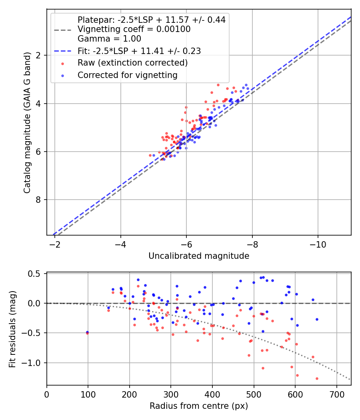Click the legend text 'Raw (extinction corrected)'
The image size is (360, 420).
coord(132,63)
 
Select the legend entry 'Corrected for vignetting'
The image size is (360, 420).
coord(127,75)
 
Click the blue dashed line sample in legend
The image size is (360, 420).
coord(62,51)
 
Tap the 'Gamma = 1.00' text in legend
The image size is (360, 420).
coord(109,39)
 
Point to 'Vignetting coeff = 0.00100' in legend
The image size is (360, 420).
coord(134,29)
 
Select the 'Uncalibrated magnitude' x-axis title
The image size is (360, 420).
coord(199,256)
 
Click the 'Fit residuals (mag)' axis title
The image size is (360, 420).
coord(12,329)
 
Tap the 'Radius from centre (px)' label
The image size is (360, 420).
coord(199,406)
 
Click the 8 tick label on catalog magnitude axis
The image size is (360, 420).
coord(38,200)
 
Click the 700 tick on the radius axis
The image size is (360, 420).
coord(336,394)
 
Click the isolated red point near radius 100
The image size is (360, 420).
coord(88,333)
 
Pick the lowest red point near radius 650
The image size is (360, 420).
coord(317,378)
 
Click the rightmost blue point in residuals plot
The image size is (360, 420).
coord(317,319)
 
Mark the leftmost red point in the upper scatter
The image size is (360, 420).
coord(150,155)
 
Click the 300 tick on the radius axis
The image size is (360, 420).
coord(171,394)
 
